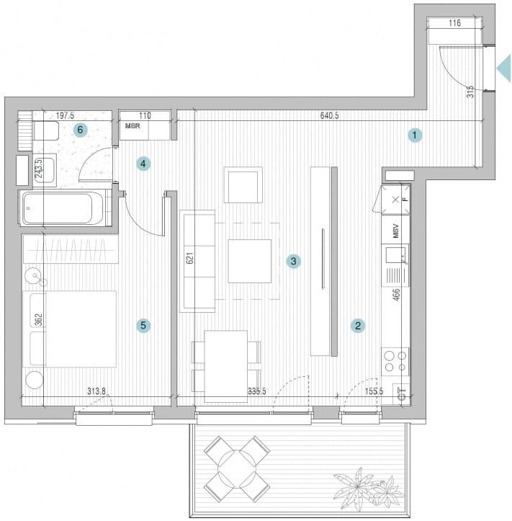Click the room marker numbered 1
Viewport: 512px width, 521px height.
415,135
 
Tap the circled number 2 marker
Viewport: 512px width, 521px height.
358,326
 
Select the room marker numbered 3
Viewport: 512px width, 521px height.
294,261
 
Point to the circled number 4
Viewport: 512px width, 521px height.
143,164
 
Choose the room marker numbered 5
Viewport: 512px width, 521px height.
143,325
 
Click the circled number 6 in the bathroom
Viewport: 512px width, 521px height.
80,130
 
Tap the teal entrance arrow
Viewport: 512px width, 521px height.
503,68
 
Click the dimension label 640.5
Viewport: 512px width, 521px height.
329,115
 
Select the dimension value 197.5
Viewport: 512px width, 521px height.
65,115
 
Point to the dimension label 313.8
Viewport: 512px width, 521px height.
96,391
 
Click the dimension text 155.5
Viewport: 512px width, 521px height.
374,391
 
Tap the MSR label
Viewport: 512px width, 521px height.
133,126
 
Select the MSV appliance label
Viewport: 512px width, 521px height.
395,231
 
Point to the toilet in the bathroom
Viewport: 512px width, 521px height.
47,130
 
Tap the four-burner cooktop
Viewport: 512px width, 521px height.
395,362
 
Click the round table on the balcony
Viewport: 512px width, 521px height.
237,469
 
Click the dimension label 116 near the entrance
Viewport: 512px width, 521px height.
454,23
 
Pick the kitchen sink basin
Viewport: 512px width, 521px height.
395,255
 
